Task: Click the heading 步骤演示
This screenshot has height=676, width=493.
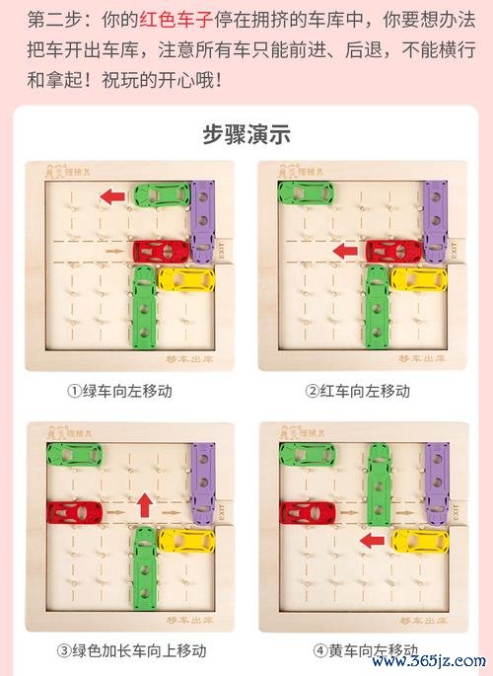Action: click(x=246, y=135)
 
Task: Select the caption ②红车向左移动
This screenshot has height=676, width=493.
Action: click(x=357, y=391)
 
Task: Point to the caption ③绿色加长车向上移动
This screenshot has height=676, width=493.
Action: click(x=131, y=650)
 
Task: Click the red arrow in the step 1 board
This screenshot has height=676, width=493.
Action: click(x=112, y=196)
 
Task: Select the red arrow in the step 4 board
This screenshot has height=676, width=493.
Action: click(x=372, y=540)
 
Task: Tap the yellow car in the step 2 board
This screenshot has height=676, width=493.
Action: click(x=419, y=279)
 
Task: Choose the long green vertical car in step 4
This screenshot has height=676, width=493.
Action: click(x=379, y=484)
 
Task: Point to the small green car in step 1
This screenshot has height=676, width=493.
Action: click(x=157, y=194)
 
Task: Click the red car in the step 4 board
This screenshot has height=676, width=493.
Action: click(x=309, y=512)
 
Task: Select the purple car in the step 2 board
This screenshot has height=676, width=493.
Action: click(x=434, y=221)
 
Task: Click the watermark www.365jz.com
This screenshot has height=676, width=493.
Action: click(x=434, y=659)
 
